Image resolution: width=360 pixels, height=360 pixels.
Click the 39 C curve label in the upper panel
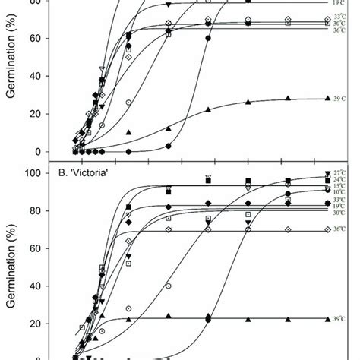pos(342,99)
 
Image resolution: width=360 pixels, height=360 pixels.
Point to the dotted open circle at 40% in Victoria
pos(169,286)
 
